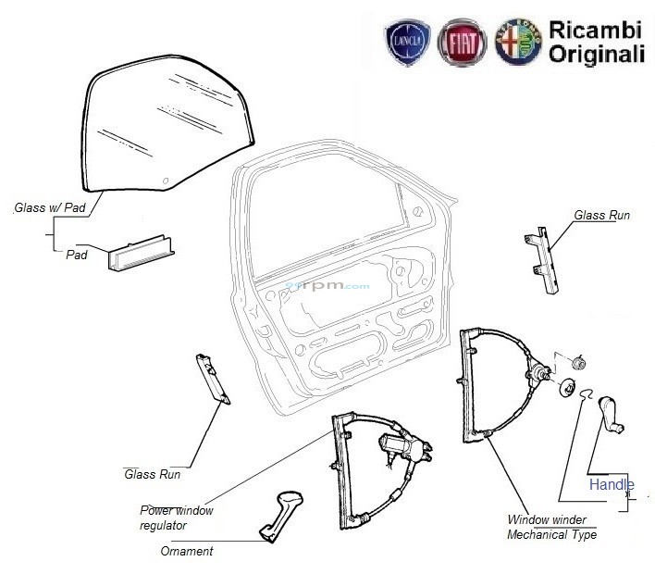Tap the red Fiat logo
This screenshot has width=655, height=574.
[x=462, y=43]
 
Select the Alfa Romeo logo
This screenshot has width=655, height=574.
[x=517, y=43]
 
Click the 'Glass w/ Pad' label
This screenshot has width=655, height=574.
[x=50, y=208]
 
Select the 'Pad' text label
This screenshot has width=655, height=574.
[x=77, y=255]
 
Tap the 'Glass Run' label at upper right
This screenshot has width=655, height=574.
[x=602, y=216]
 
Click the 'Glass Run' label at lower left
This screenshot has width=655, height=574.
[x=152, y=474]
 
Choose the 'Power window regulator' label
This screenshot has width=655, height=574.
[x=176, y=518]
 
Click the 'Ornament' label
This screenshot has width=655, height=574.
[x=186, y=552]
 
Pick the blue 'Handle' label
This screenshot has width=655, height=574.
[x=612, y=484]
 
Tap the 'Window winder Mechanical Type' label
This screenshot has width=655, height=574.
[x=552, y=527]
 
